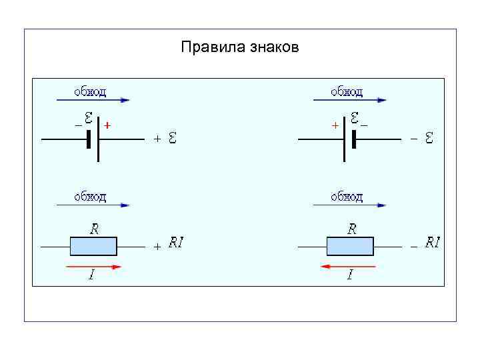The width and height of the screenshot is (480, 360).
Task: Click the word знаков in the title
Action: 274,48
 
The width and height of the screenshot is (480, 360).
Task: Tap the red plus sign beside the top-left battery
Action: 108,125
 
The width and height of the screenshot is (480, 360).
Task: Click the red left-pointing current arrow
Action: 347,266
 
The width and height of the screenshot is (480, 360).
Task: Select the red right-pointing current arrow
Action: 94,266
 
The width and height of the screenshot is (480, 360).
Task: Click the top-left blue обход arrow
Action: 93,101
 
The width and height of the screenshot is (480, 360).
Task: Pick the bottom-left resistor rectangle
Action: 93,246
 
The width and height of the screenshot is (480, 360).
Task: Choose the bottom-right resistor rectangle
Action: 350,246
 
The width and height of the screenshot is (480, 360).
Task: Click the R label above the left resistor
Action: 95,229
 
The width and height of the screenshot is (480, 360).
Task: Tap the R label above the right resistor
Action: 352,229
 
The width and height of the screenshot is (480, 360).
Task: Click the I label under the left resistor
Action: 91,276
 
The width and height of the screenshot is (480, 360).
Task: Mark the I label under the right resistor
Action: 349,276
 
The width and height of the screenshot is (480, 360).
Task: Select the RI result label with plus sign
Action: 176,243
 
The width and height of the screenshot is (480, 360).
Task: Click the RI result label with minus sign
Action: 433,243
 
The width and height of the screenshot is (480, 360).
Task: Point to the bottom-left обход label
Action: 90,196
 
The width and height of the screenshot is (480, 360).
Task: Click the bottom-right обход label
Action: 347,196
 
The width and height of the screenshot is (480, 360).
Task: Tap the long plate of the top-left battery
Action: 98,139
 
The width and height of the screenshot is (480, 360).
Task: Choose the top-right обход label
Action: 347,91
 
